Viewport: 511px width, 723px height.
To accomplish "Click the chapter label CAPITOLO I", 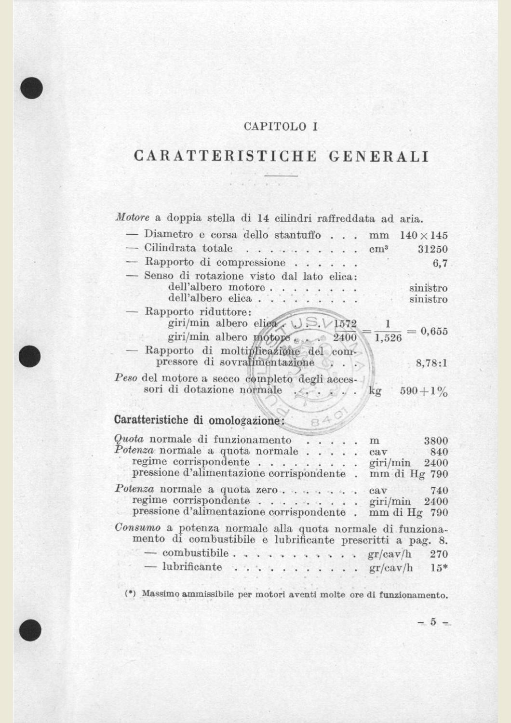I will [281, 127].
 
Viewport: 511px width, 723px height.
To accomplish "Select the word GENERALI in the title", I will [379, 157].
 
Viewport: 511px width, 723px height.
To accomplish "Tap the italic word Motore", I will [133, 217].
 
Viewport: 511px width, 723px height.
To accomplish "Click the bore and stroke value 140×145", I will [424, 236].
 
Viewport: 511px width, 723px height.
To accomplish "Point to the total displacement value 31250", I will [432, 249].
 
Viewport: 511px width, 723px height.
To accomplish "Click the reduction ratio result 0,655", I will [434, 331].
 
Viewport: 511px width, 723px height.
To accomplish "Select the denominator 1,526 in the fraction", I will [388, 338].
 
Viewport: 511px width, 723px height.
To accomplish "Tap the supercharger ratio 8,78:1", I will [431, 363].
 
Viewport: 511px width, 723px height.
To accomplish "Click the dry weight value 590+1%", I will [424, 391].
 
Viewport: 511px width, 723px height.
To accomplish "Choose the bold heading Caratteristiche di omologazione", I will [199, 420].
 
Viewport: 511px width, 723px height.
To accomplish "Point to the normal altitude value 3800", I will [436, 441].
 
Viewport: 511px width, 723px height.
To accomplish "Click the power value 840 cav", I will [439, 452].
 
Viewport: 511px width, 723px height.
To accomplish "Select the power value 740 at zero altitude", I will [439, 491].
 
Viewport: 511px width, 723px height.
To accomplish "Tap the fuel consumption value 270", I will [439, 554].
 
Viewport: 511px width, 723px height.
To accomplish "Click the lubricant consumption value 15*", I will [439, 567].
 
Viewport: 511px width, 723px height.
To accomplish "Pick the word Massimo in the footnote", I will [160, 594].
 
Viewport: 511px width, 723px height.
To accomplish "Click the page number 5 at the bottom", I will [433, 622].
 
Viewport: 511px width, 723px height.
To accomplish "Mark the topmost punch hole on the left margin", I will [32, 88].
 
